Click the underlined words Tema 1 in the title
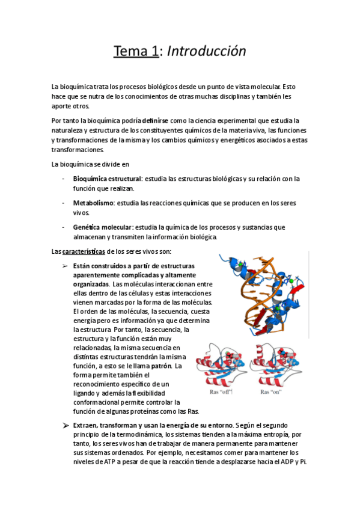tap(135, 52)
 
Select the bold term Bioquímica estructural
tap(106, 179)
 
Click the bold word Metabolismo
tap(93, 203)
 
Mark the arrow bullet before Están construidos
tap(65, 266)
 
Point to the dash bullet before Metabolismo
tap(64, 203)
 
